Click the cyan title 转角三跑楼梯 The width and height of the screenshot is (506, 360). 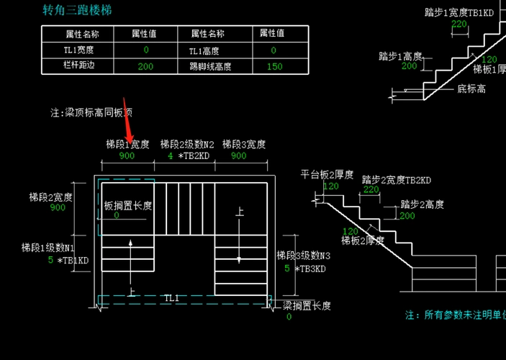pos(77,10)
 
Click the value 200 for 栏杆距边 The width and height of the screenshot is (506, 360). pos(145,66)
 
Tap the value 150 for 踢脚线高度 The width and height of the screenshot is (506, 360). pos(274,66)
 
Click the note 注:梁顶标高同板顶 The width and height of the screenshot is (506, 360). pos(91,113)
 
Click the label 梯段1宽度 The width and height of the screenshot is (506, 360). pos(127,144)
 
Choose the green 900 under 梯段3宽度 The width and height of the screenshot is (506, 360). pos(238,156)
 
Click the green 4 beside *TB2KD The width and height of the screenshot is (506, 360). pos(170,156)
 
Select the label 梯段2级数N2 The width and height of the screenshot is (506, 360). pos(187,144)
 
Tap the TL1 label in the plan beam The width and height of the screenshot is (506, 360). pos(171,297)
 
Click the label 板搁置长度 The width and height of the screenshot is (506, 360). pos(128,205)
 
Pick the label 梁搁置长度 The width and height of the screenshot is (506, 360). pos(307,305)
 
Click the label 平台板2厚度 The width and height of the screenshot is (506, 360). pos(327,175)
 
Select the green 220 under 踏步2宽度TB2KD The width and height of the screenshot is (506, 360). pos(371,190)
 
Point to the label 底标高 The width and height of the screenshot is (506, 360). pos(471,89)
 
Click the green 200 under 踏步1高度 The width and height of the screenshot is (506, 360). pos(410,66)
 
